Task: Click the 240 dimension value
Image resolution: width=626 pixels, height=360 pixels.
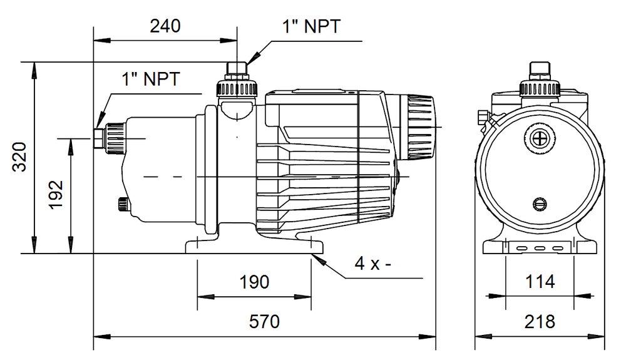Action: tap(165, 26)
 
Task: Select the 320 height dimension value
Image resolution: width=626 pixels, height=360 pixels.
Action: tap(20, 157)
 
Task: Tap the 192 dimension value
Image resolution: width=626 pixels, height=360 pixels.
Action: tap(56, 195)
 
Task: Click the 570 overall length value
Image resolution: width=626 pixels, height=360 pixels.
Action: tap(264, 322)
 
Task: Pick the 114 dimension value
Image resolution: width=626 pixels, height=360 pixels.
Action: tap(539, 281)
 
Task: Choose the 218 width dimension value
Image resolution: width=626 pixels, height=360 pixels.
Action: tap(539, 322)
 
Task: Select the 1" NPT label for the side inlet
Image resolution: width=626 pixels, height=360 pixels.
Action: tap(151, 79)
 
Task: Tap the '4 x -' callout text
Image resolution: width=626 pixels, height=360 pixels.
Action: tap(373, 264)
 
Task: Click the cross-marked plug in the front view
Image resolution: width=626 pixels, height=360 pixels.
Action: tap(538, 138)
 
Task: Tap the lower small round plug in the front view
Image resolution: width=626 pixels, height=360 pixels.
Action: tap(539, 203)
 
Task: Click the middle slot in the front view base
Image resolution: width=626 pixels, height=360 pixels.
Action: tap(539, 248)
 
